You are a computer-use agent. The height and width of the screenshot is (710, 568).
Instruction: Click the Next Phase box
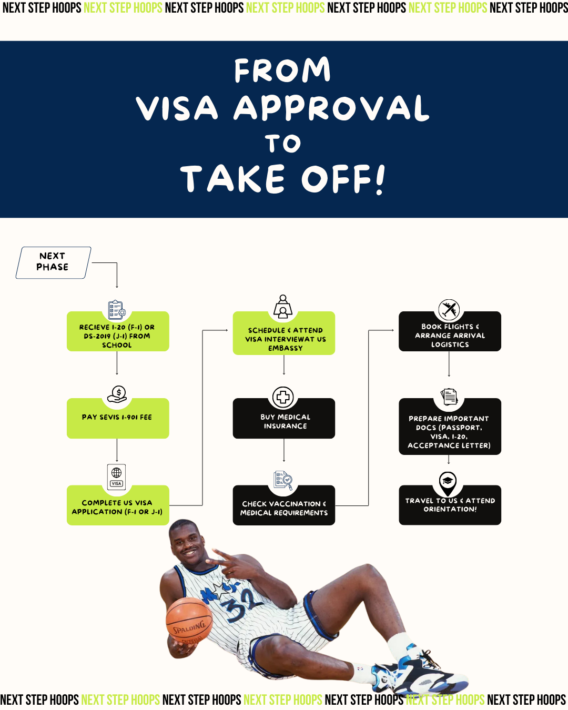(53, 262)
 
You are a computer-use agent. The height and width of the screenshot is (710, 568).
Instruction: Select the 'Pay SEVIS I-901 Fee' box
(117, 418)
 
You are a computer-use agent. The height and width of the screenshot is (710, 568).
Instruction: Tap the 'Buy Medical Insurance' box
(284, 421)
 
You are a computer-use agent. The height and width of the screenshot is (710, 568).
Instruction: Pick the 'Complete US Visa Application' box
(117, 507)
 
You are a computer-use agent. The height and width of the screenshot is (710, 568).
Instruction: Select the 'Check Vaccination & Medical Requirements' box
(284, 508)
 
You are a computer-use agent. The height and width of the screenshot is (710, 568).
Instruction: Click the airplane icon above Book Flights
(449, 309)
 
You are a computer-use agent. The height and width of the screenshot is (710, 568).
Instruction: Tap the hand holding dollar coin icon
(117, 394)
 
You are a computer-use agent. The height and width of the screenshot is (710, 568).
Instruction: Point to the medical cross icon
(283, 397)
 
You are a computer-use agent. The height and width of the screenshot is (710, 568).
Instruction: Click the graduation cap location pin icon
(448, 482)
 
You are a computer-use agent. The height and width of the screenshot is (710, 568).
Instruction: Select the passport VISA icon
(117, 476)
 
